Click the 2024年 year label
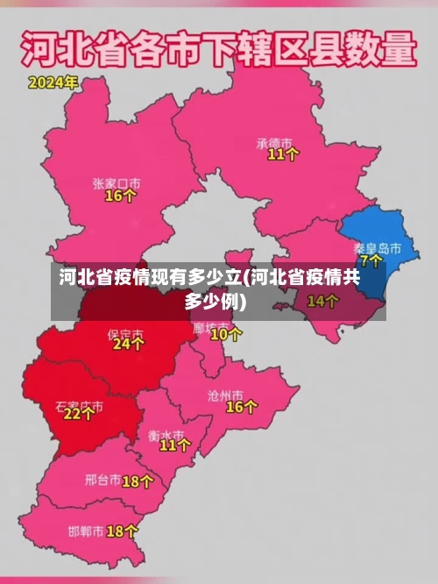[x=53, y=83]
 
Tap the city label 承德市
[x=274, y=141]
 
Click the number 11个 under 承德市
[x=283, y=154]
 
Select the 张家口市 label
[x=117, y=183]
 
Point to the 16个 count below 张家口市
[x=121, y=196]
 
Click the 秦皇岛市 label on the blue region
[x=378, y=248]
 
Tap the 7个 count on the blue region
[x=371, y=261]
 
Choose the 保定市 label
[x=125, y=333]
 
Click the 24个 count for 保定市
[x=128, y=345]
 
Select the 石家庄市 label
[x=79, y=407]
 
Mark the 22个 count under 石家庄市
[x=79, y=415]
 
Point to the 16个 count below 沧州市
[x=242, y=407]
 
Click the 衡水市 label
[x=166, y=434]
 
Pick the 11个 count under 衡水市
[x=175, y=446]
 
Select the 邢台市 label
[x=102, y=481]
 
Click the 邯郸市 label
[x=86, y=531]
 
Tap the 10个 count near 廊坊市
[x=227, y=334]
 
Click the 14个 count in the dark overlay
[x=323, y=302]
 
